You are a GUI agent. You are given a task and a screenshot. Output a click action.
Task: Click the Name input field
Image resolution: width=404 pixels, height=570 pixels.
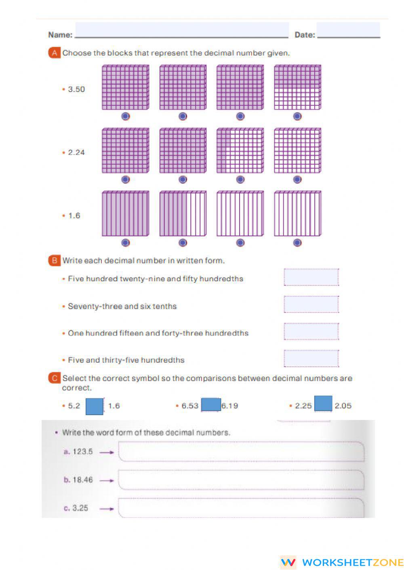[x=182, y=30]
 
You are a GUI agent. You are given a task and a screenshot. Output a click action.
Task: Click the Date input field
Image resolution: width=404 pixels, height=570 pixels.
[x=348, y=30]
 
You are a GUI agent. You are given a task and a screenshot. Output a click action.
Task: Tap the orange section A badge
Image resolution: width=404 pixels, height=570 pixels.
[x=54, y=53]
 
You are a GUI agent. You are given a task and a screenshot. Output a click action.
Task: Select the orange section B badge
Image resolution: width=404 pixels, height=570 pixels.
[x=54, y=261]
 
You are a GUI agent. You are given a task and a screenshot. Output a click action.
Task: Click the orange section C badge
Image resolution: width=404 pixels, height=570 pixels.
[x=54, y=378]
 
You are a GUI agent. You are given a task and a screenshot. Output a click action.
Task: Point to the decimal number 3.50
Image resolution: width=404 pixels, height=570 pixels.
[x=76, y=89]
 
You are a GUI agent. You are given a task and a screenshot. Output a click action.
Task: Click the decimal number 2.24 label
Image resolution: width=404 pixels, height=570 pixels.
[x=76, y=152]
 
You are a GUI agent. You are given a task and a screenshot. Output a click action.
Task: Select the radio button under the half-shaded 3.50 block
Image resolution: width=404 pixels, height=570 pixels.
[x=297, y=116]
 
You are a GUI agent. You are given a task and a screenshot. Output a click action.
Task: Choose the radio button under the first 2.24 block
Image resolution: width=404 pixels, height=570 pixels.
[x=126, y=180]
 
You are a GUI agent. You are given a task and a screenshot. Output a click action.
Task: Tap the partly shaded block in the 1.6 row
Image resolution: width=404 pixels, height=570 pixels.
[x=183, y=213]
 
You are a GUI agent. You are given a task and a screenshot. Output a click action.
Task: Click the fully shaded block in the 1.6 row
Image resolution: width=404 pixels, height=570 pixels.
[x=126, y=213]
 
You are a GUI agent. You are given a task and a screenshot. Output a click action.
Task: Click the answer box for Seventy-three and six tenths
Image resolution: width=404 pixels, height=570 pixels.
[x=311, y=304]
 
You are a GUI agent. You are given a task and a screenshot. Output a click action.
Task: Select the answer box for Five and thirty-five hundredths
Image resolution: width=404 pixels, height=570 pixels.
[x=311, y=358]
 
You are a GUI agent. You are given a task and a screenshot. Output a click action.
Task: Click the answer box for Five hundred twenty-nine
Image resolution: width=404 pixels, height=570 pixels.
[x=311, y=277]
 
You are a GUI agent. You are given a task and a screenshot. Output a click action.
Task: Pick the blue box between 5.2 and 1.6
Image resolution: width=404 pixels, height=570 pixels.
[x=95, y=406]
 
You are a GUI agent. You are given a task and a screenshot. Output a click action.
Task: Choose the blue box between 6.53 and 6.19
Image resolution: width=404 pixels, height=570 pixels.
[x=211, y=405]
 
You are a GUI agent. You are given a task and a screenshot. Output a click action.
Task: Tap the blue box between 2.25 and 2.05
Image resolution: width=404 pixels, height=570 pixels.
[x=323, y=404]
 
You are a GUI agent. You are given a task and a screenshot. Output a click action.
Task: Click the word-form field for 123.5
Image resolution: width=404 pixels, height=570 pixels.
[x=241, y=452]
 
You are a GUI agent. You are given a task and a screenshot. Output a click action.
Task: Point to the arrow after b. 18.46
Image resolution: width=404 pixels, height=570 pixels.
[x=107, y=480]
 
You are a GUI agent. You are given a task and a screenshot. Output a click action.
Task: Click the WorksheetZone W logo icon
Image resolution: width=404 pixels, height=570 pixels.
[x=288, y=562]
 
